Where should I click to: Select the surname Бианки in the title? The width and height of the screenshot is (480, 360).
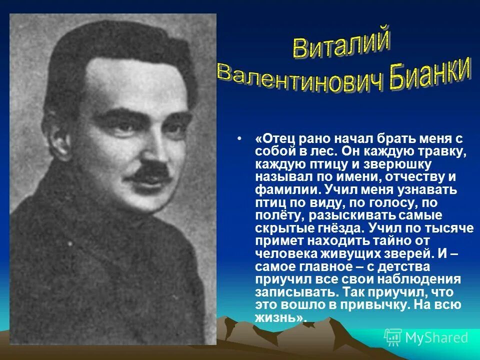pos(428,75)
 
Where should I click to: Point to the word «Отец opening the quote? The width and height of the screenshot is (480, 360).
pos(275,138)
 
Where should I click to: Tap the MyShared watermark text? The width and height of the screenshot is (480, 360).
pos(436,337)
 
